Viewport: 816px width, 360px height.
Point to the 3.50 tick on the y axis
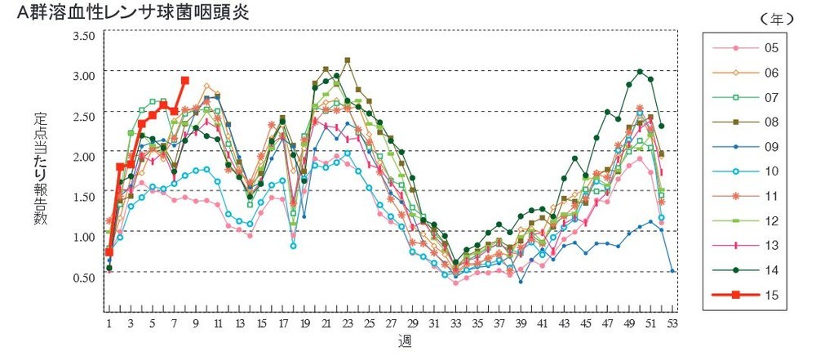pos(84,36)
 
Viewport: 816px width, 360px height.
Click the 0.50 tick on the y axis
pos(84,278)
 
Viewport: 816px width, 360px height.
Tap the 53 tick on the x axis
pos(672,323)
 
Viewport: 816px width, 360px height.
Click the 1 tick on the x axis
pos(109,323)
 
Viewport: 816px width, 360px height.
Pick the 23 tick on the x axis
pos(348,323)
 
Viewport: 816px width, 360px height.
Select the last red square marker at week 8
pos(184,81)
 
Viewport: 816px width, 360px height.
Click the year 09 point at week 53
pos(672,270)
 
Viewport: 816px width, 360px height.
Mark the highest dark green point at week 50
pos(640,72)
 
